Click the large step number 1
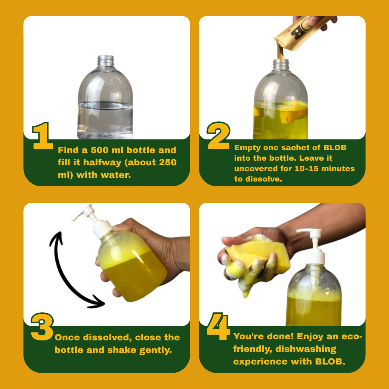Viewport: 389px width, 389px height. pyautogui.click(x=43, y=136)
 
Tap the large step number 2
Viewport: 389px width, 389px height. pyautogui.click(x=219, y=136)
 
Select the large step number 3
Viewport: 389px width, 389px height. pyautogui.click(x=42, y=326)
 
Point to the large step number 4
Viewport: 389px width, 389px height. pyautogui.click(x=218, y=326)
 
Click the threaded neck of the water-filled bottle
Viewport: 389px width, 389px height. pyautogui.click(x=106, y=61)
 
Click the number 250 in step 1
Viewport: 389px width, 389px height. pyautogui.click(x=168, y=162)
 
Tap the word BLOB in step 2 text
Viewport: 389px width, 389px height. pyautogui.click(x=335, y=148)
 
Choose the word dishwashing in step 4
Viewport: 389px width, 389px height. pyautogui.click(x=306, y=349)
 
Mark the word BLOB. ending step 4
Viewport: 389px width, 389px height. pyautogui.click(x=330, y=362)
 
